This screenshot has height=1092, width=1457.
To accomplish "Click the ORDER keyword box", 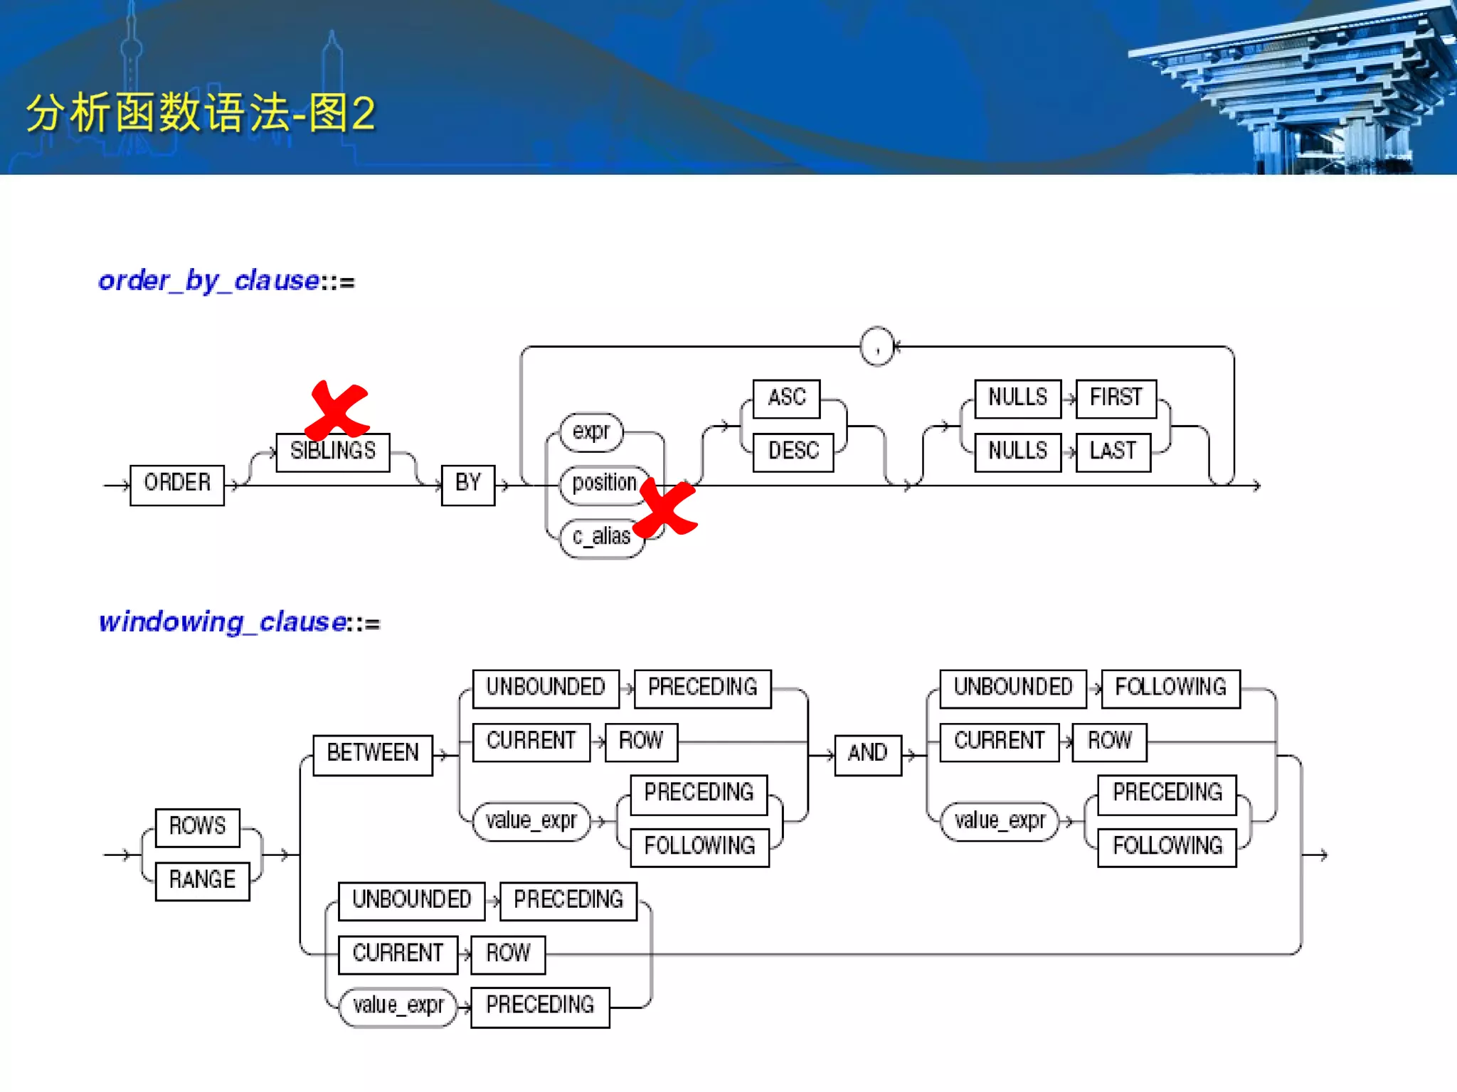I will pyautogui.click(x=177, y=485).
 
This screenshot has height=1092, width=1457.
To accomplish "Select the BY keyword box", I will pyautogui.click(x=467, y=485).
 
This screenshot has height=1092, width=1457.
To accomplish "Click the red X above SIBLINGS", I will pyautogui.click(x=337, y=410).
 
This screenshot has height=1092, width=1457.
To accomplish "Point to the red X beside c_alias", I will pyautogui.click(x=666, y=508).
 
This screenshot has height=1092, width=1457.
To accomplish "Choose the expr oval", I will pyautogui.click(x=591, y=432).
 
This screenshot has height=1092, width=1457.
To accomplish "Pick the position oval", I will pyautogui.click(x=604, y=484).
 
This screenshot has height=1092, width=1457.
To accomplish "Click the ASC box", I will pyautogui.click(x=786, y=398).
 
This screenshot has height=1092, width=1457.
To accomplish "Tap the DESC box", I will pyautogui.click(x=793, y=452).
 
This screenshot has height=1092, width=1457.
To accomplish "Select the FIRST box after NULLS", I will pyautogui.click(x=1116, y=398).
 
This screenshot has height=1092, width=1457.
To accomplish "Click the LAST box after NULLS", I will pyautogui.click(x=1113, y=452).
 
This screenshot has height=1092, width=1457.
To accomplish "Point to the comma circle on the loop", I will pyautogui.click(x=876, y=347).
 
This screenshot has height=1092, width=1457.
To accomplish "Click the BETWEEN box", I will pyautogui.click(x=373, y=754).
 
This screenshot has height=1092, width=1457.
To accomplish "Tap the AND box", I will pyautogui.click(x=867, y=754).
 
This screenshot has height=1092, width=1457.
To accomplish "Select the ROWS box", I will pyautogui.click(x=197, y=828).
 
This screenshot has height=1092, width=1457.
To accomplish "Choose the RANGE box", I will pyautogui.click(x=202, y=882).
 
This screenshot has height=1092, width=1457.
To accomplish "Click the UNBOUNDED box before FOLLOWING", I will pyautogui.click(x=1012, y=688).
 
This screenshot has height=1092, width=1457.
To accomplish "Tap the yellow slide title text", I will pyautogui.click(x=201, y=114).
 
